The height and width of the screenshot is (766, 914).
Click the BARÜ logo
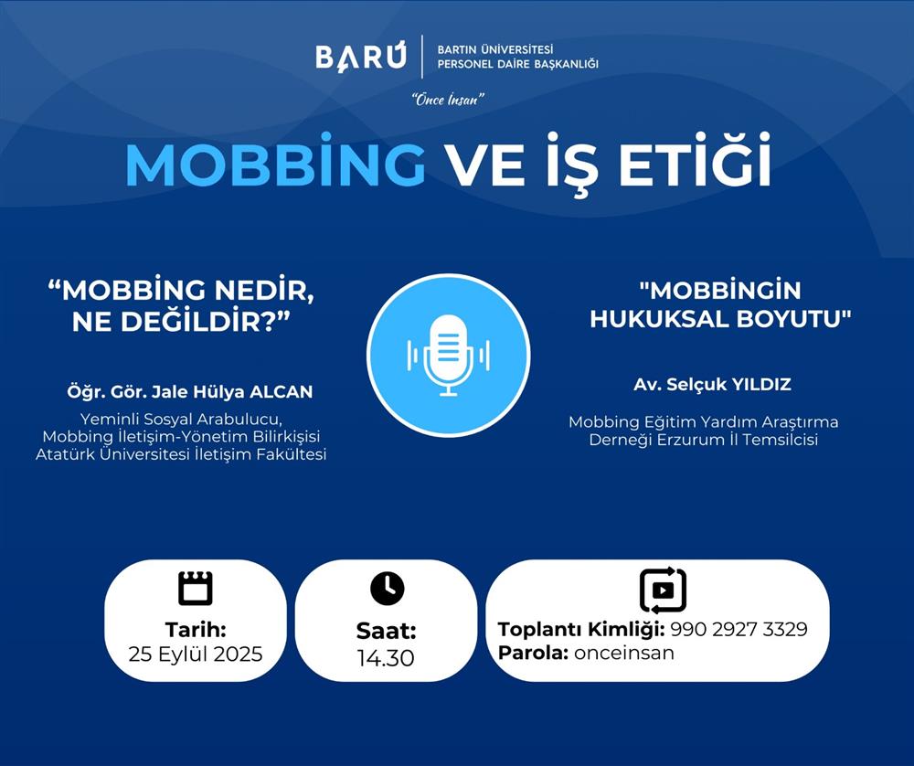coord(361,57)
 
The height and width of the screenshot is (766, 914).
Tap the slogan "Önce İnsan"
coord(448,100)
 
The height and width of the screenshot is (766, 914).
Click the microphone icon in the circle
coord(448,355)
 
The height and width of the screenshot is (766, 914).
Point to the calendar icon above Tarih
coord(196,588)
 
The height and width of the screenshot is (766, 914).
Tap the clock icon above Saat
coord(387,588)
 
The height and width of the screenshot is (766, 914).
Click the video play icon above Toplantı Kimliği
coord(663,590)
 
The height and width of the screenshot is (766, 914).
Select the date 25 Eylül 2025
coord(196,654)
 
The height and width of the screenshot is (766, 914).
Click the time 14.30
coord(386,657)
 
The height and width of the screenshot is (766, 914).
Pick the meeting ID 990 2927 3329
coord(739,629)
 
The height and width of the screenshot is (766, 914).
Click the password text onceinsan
coord(623,653)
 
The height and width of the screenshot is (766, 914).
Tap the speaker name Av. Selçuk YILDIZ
coord(712,385)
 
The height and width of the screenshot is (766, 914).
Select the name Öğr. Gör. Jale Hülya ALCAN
coord(190,392)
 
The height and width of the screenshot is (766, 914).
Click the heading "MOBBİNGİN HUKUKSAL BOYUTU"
coord(720,305)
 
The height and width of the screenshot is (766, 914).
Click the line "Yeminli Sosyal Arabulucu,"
coord(181,420)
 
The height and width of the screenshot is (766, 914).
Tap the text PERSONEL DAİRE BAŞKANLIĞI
coord(517,64)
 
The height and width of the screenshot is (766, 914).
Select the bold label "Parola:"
coord(533,653)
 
